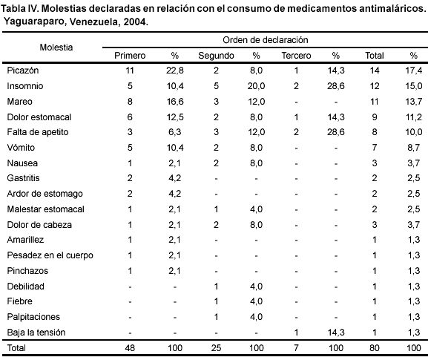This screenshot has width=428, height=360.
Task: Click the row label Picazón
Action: tap(23, 71)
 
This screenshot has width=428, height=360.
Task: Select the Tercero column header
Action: tap(296, 56)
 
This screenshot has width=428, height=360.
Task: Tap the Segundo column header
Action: tap(216, 56)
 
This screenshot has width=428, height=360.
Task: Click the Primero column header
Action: tap(130, 56)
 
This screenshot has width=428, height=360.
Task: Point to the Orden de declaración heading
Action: tap(266, 40)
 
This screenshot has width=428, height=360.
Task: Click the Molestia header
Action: tap(56, 48)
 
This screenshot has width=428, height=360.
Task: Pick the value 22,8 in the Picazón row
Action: tap(175, 71)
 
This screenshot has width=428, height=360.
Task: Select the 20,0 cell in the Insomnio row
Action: tap(256, 86)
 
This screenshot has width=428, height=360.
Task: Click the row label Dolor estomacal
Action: tap(39, 117)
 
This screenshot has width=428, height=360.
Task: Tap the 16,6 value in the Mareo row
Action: tap(175, 102)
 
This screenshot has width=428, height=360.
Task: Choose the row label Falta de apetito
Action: tap(38, 132)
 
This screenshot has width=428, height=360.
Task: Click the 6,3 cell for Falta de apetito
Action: tap(175, 132)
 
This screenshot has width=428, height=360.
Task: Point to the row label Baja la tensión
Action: tap(36, 333)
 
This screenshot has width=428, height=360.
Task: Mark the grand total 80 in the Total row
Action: tap(375, 348)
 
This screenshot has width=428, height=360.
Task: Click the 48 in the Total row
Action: tap(130, 348)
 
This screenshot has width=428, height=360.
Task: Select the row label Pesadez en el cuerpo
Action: tap(50, 255)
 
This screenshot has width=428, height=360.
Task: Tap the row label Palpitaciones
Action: tap(33, 317)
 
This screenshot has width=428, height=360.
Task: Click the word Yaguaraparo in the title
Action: tap(34, 22)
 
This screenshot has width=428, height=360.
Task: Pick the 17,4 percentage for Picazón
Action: tap(413, 71)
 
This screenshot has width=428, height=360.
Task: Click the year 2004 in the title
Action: tap(134, 22)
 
